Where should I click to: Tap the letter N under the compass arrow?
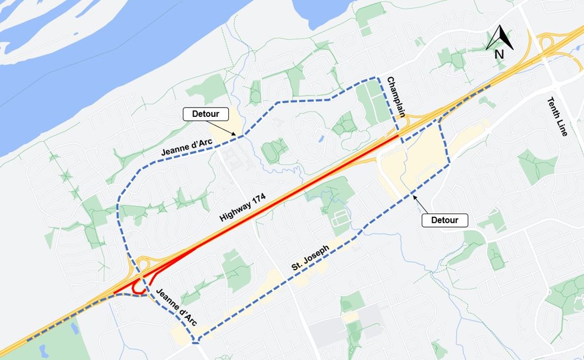coord(499,54)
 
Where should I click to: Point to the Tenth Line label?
coord(557,116)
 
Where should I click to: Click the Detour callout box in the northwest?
coord(205,114)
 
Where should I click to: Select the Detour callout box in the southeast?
coord(444,220)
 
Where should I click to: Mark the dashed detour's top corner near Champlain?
coord(377,78)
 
